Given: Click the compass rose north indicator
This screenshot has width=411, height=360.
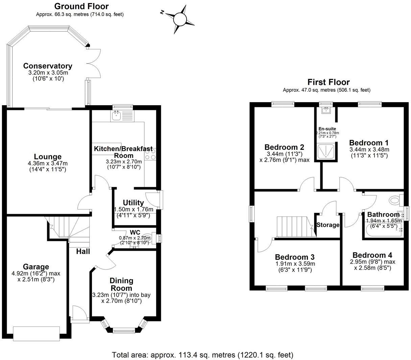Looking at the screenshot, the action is coord(162,12).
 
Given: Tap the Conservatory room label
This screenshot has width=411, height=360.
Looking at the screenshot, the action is coord(48,66).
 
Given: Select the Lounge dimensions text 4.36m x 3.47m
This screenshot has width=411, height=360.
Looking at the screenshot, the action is coord(48,163).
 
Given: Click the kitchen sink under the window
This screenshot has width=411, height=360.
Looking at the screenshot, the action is coord(116,116).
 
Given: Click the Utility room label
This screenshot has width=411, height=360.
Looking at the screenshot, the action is coord(133,203).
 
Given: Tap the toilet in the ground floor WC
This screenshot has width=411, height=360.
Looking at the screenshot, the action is coord(148,238).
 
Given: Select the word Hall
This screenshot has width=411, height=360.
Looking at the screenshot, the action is coord(83,251).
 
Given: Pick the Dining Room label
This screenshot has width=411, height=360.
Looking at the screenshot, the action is coord(121,285).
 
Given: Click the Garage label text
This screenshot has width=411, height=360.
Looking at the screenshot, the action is coord(36,267).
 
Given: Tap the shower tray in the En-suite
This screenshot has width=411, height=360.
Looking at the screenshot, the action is coord(325,151).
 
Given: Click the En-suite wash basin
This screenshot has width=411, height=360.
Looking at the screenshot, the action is coord(326,110).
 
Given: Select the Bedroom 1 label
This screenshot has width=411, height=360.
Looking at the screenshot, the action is coord(369,143).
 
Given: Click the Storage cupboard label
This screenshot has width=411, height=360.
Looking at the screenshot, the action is coord(328,225).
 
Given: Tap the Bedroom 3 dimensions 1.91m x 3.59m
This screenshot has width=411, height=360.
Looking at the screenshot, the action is coord(295,264).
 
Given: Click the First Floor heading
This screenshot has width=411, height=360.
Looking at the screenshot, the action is coord(329,82).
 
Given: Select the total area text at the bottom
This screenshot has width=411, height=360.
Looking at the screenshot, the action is coord(202,355).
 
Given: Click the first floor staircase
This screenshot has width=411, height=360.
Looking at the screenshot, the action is coord(295,227).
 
